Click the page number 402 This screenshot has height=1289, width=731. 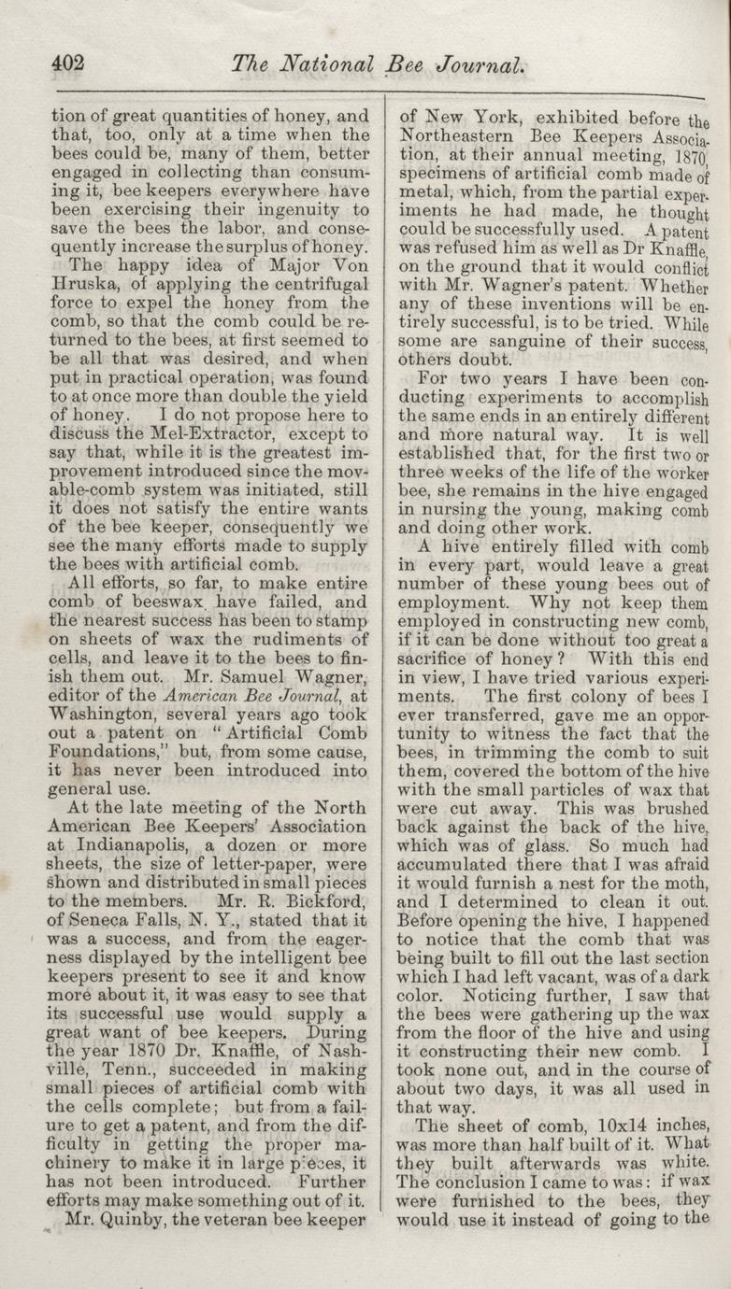click(x=68, y=63)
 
